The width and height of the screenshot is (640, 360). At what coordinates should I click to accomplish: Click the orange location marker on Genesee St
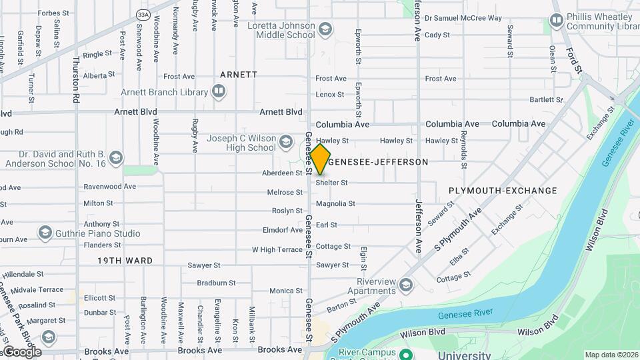point(320,159)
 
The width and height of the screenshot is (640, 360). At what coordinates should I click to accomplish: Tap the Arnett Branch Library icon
point(219,91)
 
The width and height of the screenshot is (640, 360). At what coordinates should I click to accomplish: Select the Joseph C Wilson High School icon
point(286,142)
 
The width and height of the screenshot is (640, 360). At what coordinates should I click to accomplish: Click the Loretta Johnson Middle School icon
point(325,29)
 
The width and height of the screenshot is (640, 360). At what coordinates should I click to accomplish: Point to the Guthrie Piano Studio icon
point(45,233)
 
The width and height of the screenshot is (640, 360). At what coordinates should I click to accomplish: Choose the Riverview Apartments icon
point(405,286)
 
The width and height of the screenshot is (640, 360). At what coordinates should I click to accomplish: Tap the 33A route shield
point(143,14)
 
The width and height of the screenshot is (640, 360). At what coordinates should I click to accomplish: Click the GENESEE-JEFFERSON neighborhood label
point(378,162)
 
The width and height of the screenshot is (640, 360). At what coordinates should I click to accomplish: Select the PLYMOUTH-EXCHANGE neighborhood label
point(503,191)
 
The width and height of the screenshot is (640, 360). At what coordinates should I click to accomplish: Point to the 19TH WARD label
point(125,261)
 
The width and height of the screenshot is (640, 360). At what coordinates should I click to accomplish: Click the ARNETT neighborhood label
point(239,75)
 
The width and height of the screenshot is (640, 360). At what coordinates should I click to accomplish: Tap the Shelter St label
point(332,183)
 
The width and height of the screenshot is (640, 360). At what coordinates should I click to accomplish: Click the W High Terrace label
point(277,250)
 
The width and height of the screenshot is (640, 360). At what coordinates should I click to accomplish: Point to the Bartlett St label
point(546,100)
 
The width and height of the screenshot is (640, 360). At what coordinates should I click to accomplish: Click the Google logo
point(21,352)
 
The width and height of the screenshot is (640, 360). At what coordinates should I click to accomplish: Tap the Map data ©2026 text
point(611,355)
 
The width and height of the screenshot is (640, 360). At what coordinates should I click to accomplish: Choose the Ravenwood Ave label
point(109,187)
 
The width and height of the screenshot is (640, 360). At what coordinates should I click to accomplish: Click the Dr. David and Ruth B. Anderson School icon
point(116,158)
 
